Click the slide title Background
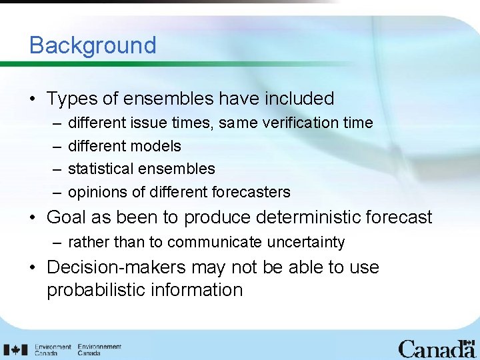pyautogui.click(x=93, y=45)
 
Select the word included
pyautogui.click(x=299, y=99)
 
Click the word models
pyautogui.click(x=156, y=146)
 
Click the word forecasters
pyautogui.click(x=251, y=193)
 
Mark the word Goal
pyautogui.click(x=68, y=217)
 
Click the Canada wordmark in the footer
pyautogui.click(x=437, y=349)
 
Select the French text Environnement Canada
pyautogui.click(x=99, y=350)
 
